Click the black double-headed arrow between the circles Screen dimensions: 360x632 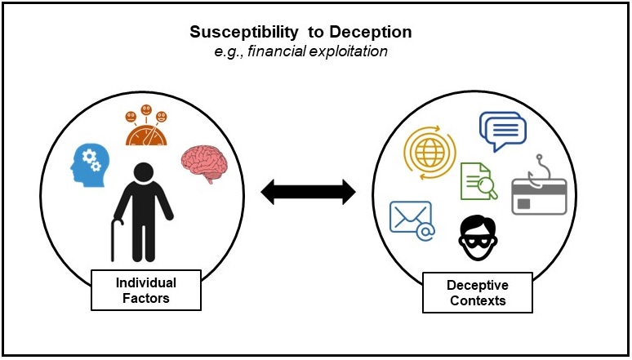308,193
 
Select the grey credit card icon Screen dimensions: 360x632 537,196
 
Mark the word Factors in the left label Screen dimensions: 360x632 146,298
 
